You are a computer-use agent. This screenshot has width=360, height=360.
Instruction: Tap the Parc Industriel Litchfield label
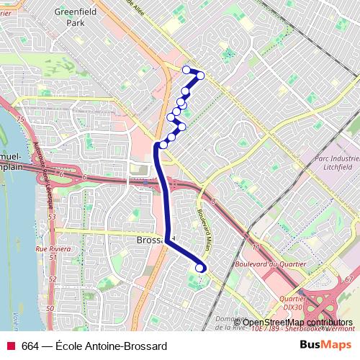[336, 161]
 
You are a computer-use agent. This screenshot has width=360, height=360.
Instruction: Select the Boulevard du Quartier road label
[266, 264]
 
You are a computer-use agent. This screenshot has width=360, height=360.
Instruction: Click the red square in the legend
[10, 346]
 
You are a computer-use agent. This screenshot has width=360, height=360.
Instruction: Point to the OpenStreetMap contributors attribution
[292, 322]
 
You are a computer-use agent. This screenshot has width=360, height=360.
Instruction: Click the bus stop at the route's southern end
[199, 268]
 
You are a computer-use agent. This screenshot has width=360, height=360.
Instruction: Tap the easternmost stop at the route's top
[201, 75]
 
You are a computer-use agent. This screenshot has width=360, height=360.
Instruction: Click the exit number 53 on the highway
[52, 216]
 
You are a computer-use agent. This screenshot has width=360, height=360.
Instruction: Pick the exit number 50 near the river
[50, 308]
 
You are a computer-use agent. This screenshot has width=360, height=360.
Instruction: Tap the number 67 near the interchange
[350, 279]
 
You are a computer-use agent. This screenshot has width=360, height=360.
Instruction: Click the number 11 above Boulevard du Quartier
[256, 247]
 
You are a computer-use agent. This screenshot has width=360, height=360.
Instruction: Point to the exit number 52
[52, 278]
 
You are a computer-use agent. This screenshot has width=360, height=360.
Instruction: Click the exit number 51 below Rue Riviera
[52, 257]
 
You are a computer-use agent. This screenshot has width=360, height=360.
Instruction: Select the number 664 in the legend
[30, 346]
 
